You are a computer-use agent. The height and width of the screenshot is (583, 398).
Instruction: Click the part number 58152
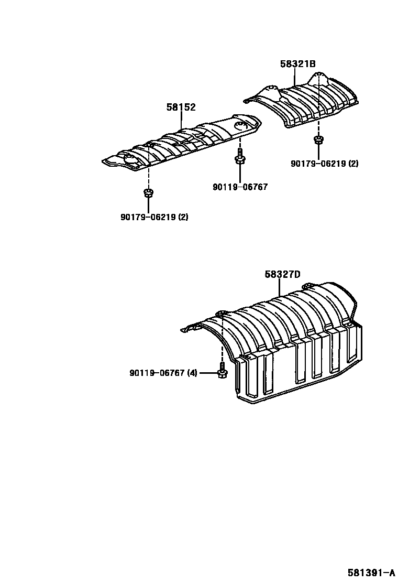click(181, 107)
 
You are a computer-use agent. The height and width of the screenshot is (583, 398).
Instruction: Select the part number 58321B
click(297, 64)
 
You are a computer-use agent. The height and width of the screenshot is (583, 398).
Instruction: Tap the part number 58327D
click(282, 274)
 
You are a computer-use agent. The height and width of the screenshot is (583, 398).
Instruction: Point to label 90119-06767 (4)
click(163, 373)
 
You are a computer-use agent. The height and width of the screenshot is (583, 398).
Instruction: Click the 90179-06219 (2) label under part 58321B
click(325, 163)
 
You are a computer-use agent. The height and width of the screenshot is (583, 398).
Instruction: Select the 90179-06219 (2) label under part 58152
click(154, 217)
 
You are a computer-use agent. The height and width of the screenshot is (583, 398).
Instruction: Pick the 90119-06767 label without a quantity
click(240, 187)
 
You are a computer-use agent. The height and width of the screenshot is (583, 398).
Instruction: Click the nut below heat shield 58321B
click(317, 140)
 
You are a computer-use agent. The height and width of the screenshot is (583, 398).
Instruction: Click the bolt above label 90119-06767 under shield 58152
click(239, 156)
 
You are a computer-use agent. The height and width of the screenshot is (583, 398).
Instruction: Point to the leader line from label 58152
click(182, 120)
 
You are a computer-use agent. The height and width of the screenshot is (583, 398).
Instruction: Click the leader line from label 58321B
click(295, 77)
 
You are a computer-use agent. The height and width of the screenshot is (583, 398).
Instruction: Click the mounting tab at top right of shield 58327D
click(308, 286)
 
